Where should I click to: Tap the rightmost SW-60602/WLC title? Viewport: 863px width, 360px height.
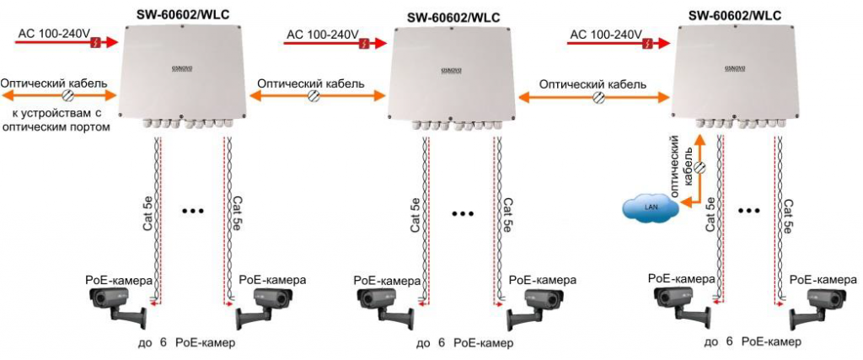[735, 14]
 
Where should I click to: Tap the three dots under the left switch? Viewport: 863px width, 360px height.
[193, 208]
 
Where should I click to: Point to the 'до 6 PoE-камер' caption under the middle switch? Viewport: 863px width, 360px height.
[464, 344]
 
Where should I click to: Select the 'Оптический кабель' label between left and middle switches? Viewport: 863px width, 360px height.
[310, 83]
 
